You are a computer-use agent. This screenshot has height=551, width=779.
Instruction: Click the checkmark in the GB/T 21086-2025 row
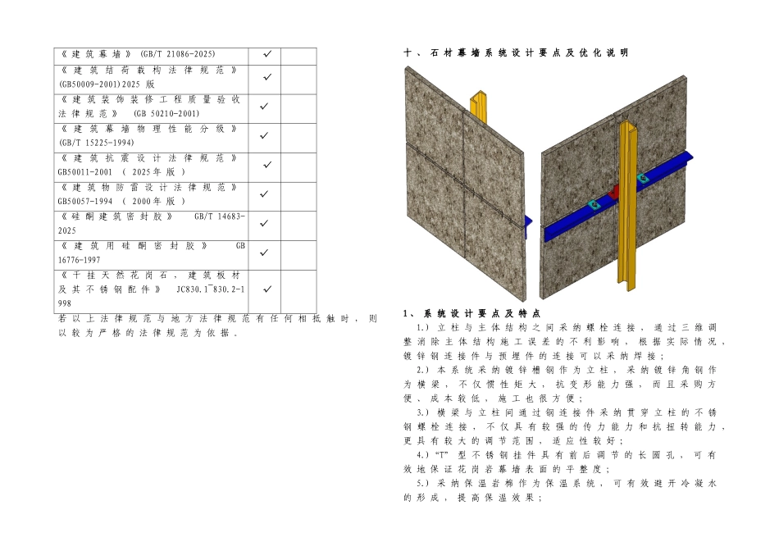[x=267, y=53]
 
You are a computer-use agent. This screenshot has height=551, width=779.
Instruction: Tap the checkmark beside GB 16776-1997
[x=267, y=253]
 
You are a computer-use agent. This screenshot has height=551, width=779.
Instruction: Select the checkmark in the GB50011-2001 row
[x=267, y=165]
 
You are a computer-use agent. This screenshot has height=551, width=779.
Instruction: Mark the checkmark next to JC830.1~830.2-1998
[x=267, y=289]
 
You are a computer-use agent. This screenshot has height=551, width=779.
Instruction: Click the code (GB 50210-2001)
[x=166, y=113]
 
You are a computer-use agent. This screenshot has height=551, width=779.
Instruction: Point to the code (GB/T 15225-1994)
[x=97, y=143]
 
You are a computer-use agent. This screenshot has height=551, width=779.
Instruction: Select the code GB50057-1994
[x=85, y=201]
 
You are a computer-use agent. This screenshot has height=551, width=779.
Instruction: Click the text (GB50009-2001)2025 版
[x=107, y=84]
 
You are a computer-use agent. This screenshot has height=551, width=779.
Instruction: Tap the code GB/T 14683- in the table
[x=220, y=216]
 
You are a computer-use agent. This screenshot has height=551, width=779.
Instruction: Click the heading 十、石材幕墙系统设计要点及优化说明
[x=516, y=52]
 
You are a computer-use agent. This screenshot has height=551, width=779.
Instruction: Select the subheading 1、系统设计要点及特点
[x=471, y=313]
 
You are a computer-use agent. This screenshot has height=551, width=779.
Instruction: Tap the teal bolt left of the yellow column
[x=593, y=204]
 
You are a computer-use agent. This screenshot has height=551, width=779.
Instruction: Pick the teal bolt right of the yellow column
[x=641, y=177]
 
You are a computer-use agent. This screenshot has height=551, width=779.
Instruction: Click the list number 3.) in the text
[x=423, y=412]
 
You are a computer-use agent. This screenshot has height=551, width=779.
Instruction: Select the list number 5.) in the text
[x=423, y=484]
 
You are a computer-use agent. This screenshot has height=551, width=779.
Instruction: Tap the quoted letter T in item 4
[x=442, y=455]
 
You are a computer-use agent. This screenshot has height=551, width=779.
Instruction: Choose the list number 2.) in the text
[x=423, y=370]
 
